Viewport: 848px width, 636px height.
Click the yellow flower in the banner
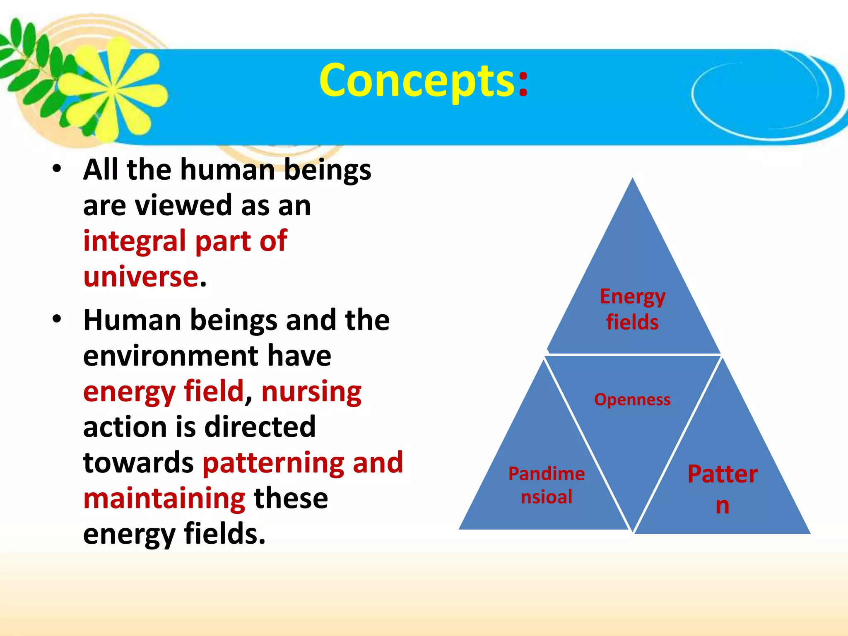pyautogui.click(x=112, y=89)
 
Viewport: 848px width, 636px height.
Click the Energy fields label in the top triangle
pyautogui.click(x=632, y=309)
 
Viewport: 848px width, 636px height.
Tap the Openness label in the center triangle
pyautogui.click(x=632, y=400)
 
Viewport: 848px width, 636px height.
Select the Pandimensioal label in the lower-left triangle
pyautogui.click(x=546, y=485)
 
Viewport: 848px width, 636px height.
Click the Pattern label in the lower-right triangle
pyautogui.click(x=723, y=489)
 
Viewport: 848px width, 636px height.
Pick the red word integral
pyautogui.click(x=135, y=241)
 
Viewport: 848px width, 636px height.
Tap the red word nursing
pyautogui.click(x=311, y=391)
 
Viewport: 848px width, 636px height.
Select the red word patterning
pyautogui.click(x=273, y=463)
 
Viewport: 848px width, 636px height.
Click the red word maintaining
pyautogui.click(x=164, y=498)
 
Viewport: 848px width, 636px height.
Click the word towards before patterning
pyautogui.click(x=138, y=463)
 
